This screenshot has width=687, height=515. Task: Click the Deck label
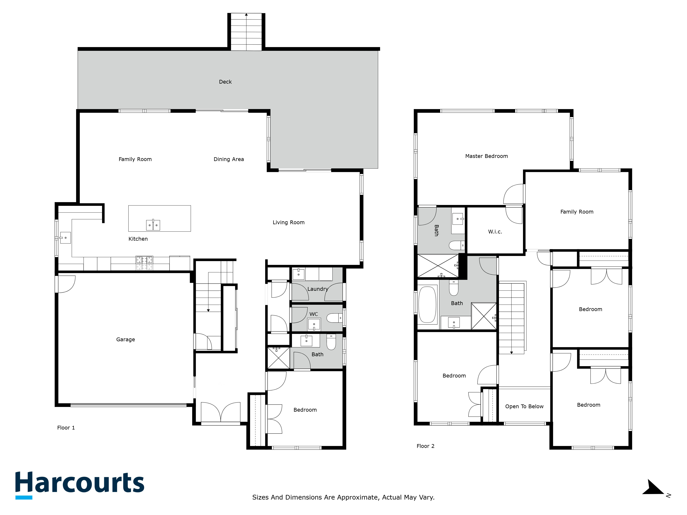pyautogui.click(x=225, y=82)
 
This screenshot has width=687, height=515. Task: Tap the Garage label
pyautogui.click(x=126, y=339)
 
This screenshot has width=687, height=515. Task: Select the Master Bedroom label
pyautogui.click(x=486, y=156)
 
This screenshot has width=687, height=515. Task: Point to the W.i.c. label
pyautogui.click(x=495, y=232)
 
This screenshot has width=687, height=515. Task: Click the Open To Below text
pyautogui.click(x=524, y=406)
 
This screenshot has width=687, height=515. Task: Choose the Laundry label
pyautogui.click(x=317, y=289)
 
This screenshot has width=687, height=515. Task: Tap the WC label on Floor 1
pyautogui.click(x=313, y=314)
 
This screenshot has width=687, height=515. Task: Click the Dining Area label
pyautogui.click(x=229, y=159)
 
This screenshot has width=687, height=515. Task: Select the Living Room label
pyautogui.click(x=289, y=222)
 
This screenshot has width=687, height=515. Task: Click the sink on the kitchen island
pyautogui.click(x=153, y=225)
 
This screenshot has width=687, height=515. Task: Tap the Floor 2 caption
pyautogui.click(x=425, y=446)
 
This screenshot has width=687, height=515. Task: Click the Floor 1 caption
pyautogui.click(x=66, y=428)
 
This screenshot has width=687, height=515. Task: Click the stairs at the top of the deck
pyautogui.click(x=246, y=32)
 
